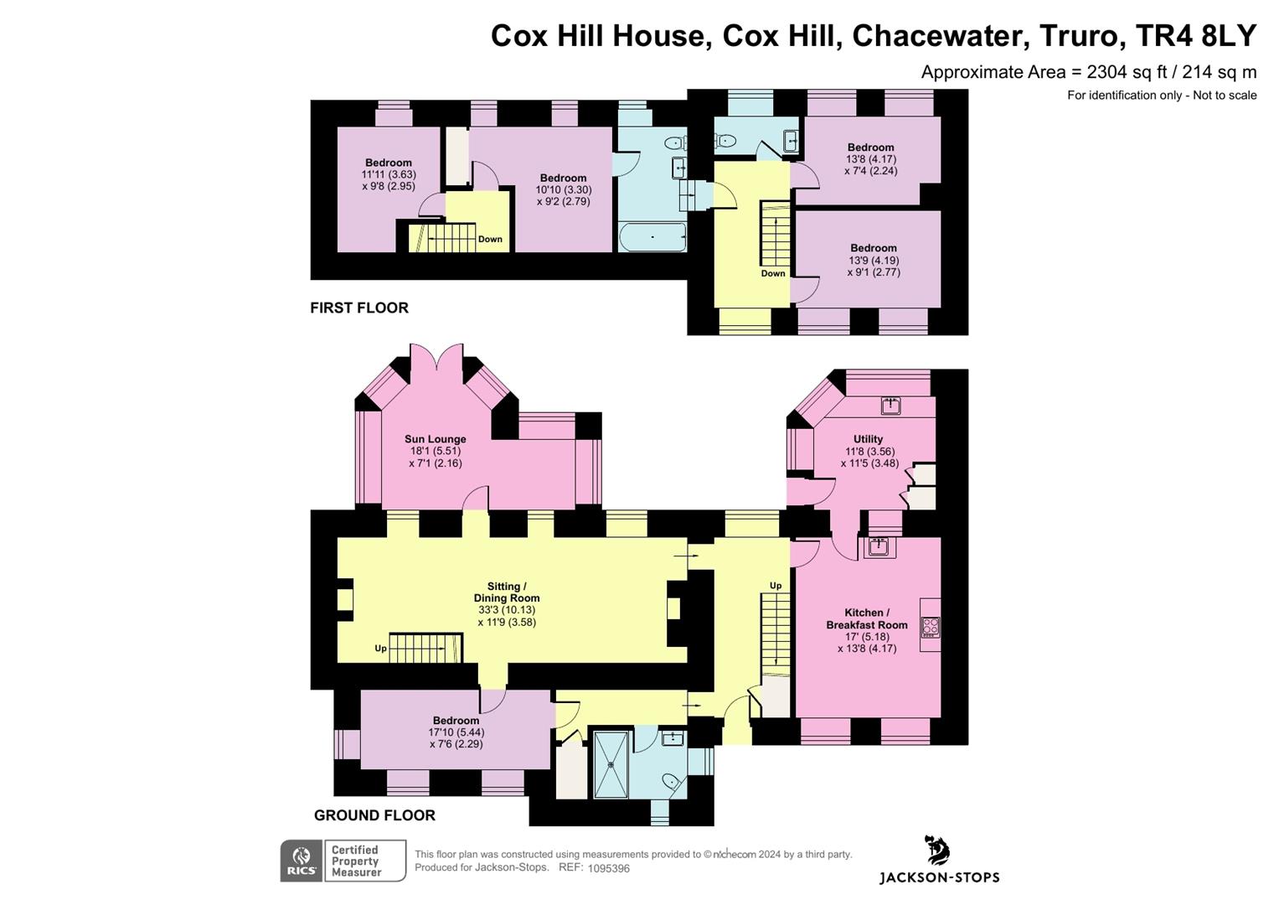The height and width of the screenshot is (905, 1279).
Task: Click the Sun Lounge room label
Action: [x=435, y=439]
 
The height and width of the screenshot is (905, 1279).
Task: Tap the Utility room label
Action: [x=868, y=439]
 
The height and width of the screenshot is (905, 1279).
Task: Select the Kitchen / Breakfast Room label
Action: [x=866, y=618]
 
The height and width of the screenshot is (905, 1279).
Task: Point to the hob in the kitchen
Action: [x=930, y=627]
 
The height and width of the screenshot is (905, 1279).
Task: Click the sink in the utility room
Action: [x=890, y=406]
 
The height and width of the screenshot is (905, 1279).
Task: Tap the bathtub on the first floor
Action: [x=652, y=237]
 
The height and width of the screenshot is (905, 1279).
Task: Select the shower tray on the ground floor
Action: [x=611, y=764]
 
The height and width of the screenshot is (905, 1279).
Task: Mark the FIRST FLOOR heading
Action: [x=359, y=308]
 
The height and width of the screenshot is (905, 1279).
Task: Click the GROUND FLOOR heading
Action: [x=374, y=815]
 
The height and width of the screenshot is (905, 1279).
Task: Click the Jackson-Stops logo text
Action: [x=939, y=877]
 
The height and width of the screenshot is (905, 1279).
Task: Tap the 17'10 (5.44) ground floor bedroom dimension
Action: [x=456, y=732]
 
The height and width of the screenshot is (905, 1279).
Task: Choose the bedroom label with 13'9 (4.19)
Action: [x=873, y=248]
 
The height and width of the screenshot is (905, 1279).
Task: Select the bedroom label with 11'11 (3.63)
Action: [x=389, y=163]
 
